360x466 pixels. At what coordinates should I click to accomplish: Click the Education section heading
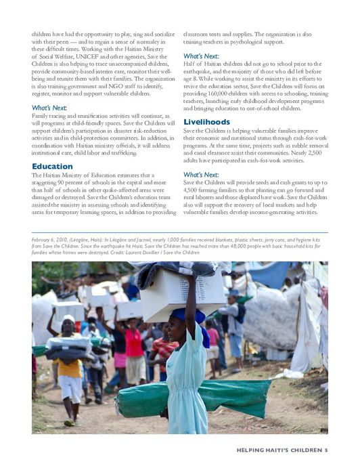[52, 166]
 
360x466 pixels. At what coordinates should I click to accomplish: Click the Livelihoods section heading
[206, 122]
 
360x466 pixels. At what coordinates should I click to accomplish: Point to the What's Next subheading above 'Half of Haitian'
[200, 56]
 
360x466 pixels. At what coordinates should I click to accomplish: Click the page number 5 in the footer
[325, 450]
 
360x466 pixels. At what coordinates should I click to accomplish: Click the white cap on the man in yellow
[68, 318]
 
